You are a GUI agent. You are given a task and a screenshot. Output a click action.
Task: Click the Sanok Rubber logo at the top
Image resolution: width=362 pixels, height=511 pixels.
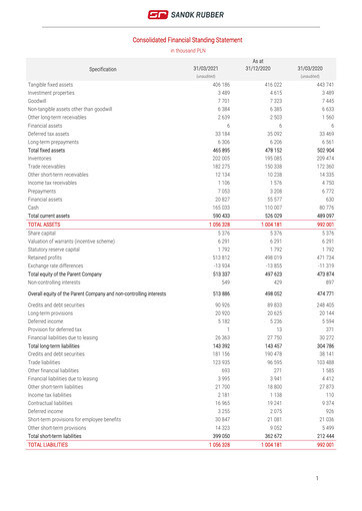[180, 15]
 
